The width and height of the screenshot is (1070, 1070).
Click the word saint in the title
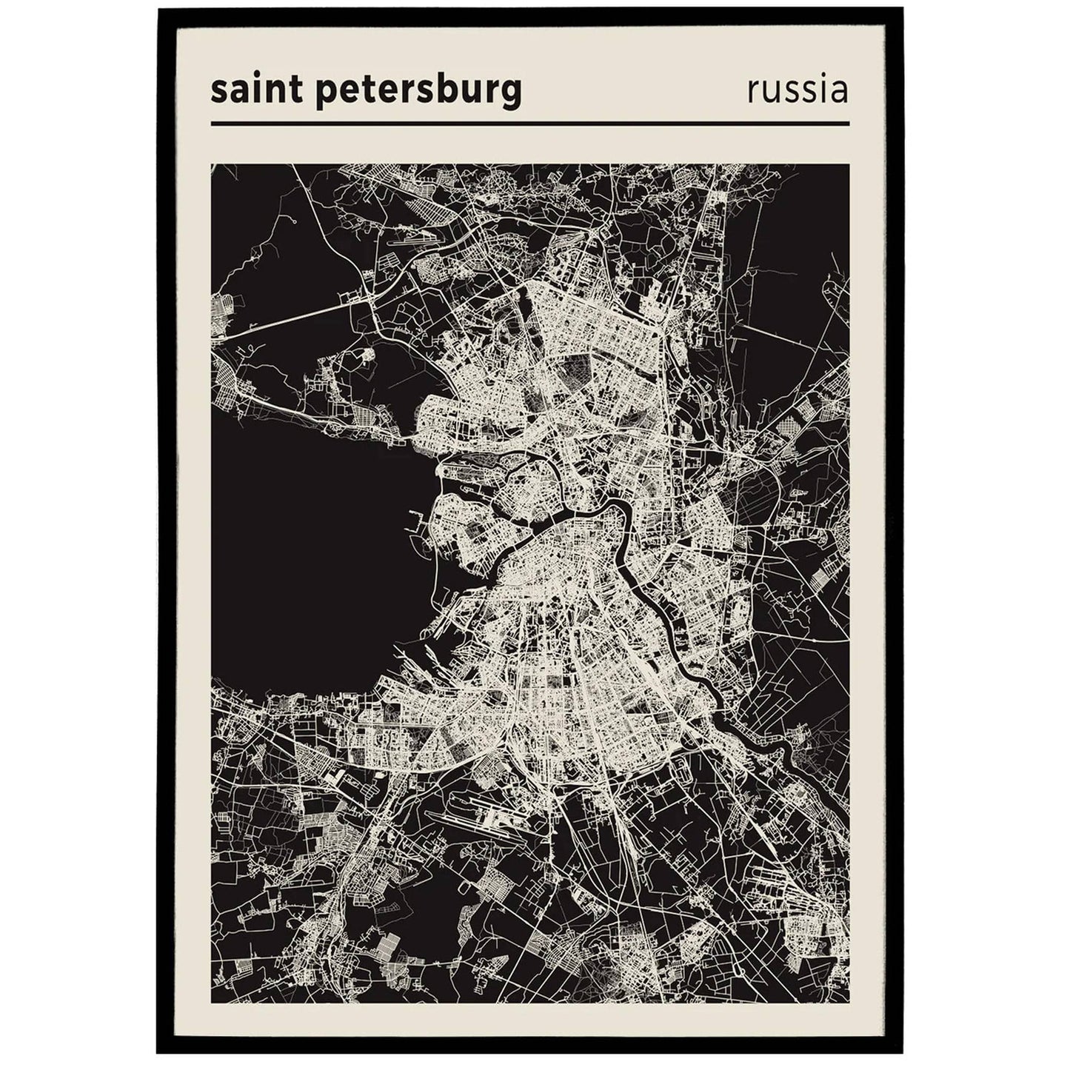click(x=248, y=91)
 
